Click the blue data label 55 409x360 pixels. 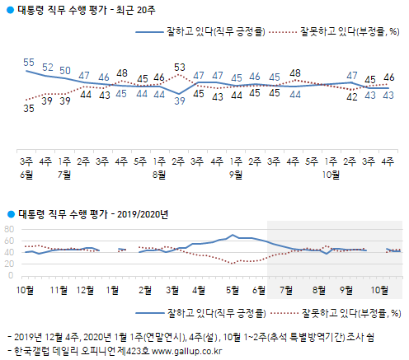coord(28,62)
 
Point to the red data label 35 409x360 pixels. coord(28,107)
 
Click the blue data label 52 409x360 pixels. coord(47,67)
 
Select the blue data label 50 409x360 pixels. coord(66,70)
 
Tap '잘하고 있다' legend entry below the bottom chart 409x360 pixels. coord(236,312)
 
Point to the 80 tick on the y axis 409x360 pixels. coord(9,229)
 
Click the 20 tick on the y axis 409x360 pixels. coord(9,264)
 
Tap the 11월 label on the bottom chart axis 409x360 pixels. coord(59,290)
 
